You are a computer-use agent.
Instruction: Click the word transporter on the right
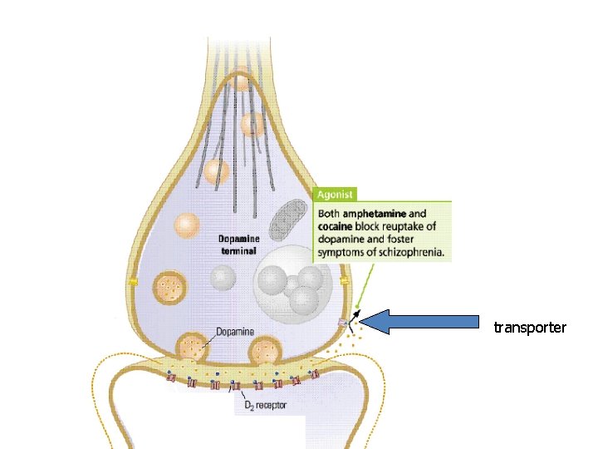(530, 328)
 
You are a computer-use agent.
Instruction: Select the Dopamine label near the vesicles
(235, 333)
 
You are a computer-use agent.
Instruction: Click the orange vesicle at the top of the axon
(240, 82)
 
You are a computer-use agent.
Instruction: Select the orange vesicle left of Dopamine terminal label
(188, 225)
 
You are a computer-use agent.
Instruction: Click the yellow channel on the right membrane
(344, 282)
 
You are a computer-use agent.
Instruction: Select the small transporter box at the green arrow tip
(342, 323)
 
